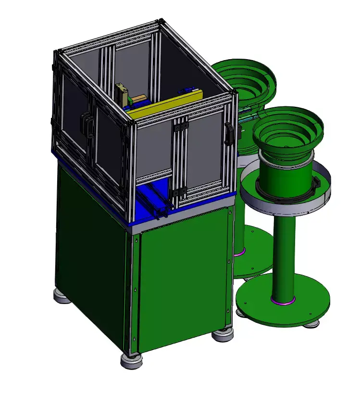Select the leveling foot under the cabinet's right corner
pyautogui.click(x=222, y=333)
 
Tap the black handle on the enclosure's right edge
pyautogui.click(x=229, y=133)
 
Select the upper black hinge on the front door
pyautogui.click(x=181, y=126)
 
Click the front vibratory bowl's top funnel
pyautogui.click(x=288, y=127)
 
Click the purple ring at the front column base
pyautogui.click(x=283, y=301)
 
